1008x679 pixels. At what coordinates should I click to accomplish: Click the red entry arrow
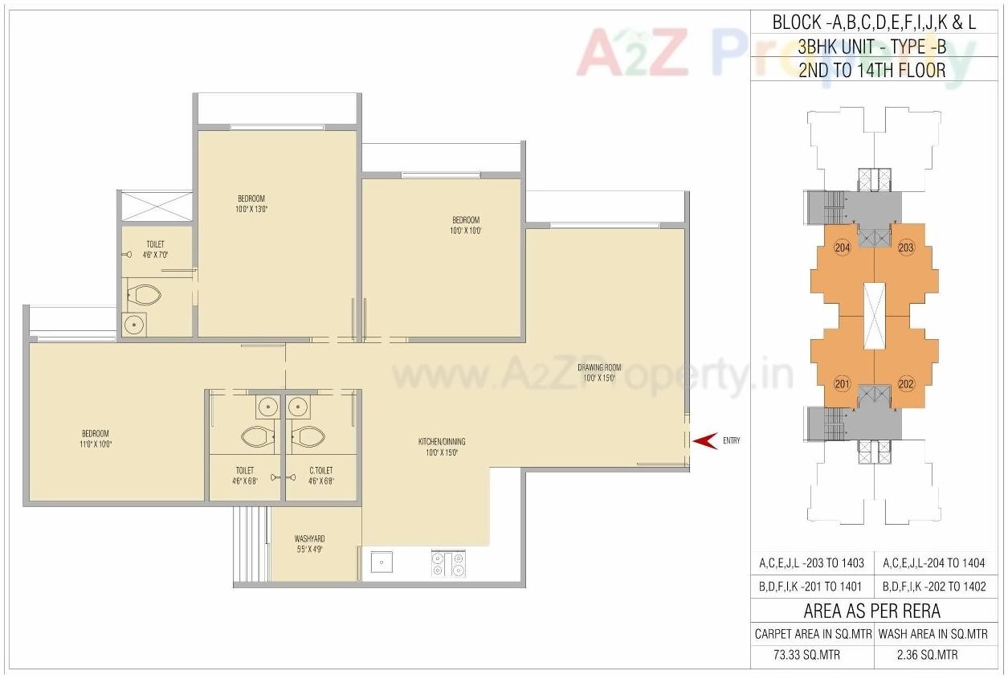(704, 440)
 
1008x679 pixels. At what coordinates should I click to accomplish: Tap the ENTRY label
(732, 440)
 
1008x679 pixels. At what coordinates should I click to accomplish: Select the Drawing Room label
(599, 373)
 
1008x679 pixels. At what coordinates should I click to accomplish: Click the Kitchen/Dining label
(441, 447)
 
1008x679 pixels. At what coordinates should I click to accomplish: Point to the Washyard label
(309, 544)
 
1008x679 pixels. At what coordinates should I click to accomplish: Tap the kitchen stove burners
(448, 562)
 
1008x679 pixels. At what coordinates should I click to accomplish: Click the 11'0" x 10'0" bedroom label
(95, 439)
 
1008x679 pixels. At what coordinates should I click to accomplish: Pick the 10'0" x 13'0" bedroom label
(251, 203)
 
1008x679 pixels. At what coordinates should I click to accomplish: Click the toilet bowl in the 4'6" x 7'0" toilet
(146, 294)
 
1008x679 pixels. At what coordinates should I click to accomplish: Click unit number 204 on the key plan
(843, 247)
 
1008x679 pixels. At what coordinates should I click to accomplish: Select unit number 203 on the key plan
(906, 247)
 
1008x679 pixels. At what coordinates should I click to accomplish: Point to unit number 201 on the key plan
(843, 383)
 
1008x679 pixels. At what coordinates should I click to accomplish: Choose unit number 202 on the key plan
(906, 383)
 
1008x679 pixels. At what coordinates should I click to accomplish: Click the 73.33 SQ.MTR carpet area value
(813, 655)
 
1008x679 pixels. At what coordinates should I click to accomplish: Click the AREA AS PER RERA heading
(871, 611)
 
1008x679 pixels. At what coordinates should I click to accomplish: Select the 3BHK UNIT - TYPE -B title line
(872, 47)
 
